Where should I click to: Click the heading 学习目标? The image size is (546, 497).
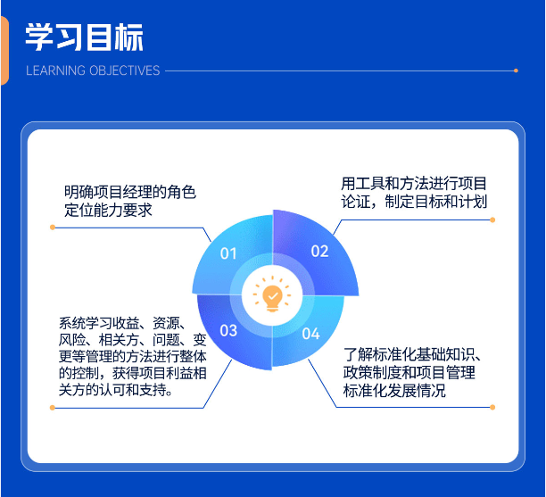click(x=84, y=37)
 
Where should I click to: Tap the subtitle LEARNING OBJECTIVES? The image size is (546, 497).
click(x=93, y=70)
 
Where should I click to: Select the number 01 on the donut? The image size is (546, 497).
click(x=228, y=253)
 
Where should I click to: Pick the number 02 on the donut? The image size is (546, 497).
click(x=319, y=251)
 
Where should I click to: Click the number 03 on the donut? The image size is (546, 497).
click(x=228, y=331)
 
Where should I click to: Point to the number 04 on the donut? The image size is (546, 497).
click(x=310, y=334)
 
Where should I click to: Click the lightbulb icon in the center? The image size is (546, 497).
click(x=272, y=293)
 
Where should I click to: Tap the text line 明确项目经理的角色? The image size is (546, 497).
click(x=129, y=191)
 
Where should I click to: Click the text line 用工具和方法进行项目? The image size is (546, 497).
click(x=414, y=183)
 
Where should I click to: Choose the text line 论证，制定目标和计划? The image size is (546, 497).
click(x=414, y=202)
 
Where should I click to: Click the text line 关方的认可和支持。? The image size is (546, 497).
click(x=116, y=390)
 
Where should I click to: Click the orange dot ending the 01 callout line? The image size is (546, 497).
click(x=53, y=228)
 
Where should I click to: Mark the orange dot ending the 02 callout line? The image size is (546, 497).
click(x=492, y=220)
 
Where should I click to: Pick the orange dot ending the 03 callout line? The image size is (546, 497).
click(x=53, y=408)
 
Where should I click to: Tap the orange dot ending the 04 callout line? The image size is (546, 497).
click(x=492, y=408)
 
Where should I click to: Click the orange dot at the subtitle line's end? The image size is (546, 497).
click(x=516, y=70)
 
